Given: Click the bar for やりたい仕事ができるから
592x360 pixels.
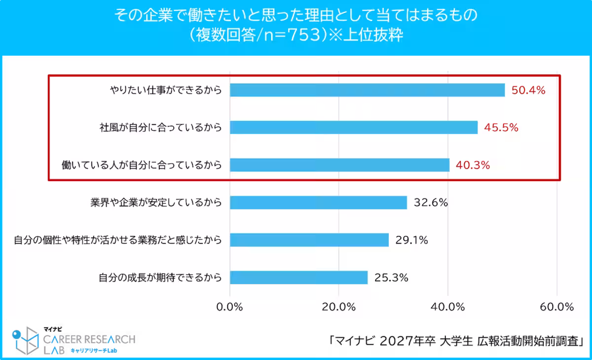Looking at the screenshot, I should (x=368, y=90).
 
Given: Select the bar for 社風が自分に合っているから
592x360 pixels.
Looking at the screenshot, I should (x=354, y=127).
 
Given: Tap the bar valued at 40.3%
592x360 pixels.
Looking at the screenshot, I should (x=340, y=165).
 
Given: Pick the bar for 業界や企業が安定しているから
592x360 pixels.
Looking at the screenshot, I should (x=319, y=203).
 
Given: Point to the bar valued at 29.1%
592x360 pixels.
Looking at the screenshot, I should (x=309, y=240).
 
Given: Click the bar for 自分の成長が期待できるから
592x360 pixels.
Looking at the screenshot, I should (x=299, y=278).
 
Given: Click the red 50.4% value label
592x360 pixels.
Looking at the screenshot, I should (x=528, y=90).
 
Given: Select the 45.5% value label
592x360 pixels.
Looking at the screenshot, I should (x=501, y=128).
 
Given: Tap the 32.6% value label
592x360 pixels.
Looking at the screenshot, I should (x=430, y=203).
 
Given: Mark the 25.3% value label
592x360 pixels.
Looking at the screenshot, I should (x=391, y=278).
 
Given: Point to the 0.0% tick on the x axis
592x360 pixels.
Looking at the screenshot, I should (x=230, y=307).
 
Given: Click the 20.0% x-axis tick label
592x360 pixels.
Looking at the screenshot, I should (x=339, y=307).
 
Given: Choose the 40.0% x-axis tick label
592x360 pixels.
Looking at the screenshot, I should (x=448, y=307).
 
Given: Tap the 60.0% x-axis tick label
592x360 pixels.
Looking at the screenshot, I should (x=556, y=307).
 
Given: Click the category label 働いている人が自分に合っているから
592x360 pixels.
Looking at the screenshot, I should (x=142, y=165).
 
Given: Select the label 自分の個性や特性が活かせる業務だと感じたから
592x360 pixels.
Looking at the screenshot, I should (x=117, y=240).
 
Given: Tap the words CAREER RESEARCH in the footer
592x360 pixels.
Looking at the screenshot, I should (x=89, y=339).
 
